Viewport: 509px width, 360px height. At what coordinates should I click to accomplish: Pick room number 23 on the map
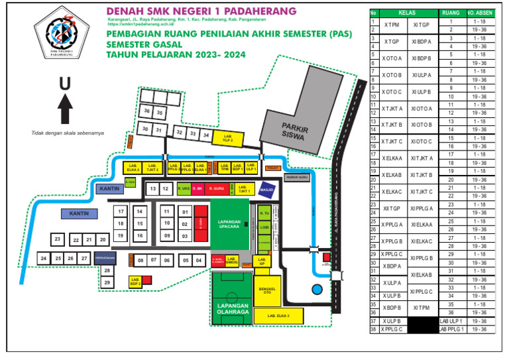pyautogui.click(x=59, y=239)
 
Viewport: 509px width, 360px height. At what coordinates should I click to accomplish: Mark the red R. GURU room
pyautogui.click(x=218, y=189)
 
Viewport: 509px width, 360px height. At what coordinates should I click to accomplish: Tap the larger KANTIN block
pyautogui.click(x=80, y=213)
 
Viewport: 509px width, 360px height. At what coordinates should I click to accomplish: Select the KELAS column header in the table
pyautogui.click(x=407, y=13)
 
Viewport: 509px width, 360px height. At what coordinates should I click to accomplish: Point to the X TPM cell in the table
pyautogui.click(x=391, y=25)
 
